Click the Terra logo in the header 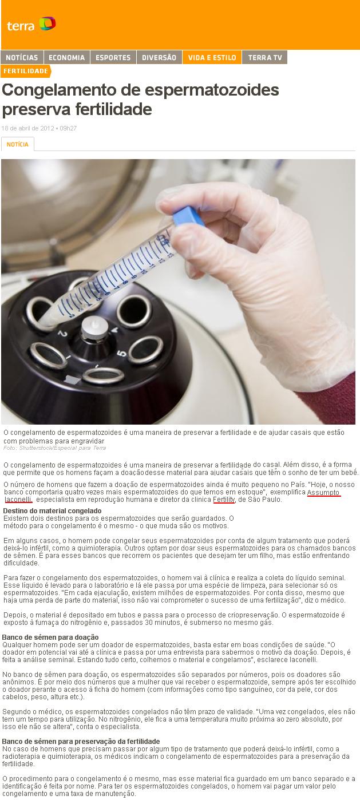tap(31, 24)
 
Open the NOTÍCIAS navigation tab tap(22, 57)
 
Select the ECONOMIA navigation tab tap(67, 57)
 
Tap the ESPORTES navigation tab tap(113, 57)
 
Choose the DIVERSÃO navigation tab tap(159, 57)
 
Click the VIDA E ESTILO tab tap(212, 57)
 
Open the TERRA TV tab tap(265, 57)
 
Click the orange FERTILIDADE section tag tap(26, 71)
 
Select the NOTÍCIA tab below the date tap(18, 144)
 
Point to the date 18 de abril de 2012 tap(28, 128)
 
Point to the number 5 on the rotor tap(122, 354)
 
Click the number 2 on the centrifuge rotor tap(62, 334)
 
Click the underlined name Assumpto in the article tap(323, 492)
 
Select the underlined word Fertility tap(224, 500)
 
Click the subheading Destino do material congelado tap(52, 510)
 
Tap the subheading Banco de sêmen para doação tap(50, 637)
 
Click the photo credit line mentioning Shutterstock tap(54, 448)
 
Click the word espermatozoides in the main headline tap(212, 90)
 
